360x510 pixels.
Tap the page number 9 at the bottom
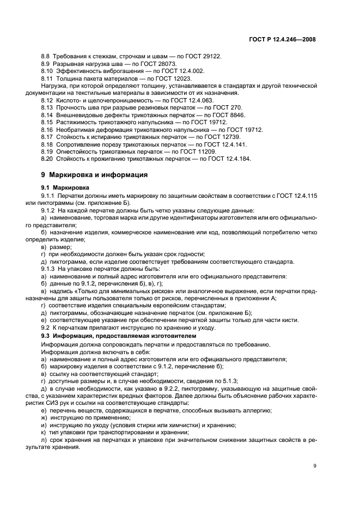click(315, 466)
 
